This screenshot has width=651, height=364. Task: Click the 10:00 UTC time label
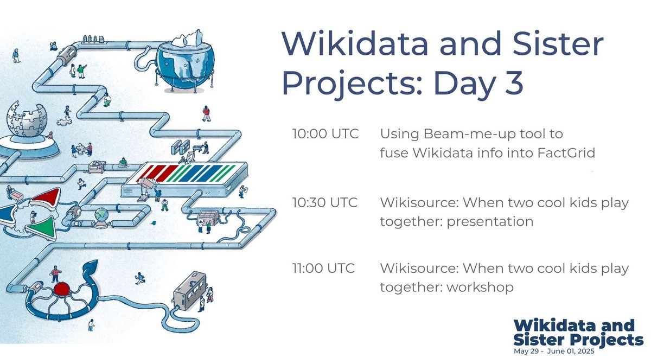click(325, 134)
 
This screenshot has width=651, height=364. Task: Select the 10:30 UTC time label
click(324, 202)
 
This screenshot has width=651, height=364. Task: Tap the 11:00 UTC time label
click(323, 268)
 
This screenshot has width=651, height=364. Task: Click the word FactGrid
click(566, 153)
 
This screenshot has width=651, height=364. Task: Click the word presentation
click(490, 222)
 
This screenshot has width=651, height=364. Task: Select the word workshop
click(480, 288)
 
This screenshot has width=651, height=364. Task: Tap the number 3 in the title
click(514, 82)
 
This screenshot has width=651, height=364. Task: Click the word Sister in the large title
click(558, 44)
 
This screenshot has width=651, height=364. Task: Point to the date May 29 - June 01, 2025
click(554, 351)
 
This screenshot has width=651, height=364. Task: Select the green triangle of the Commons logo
click(43, 228)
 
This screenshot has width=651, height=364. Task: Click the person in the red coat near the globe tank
click(206, 113)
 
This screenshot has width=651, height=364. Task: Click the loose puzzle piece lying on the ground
click(64, 122)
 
